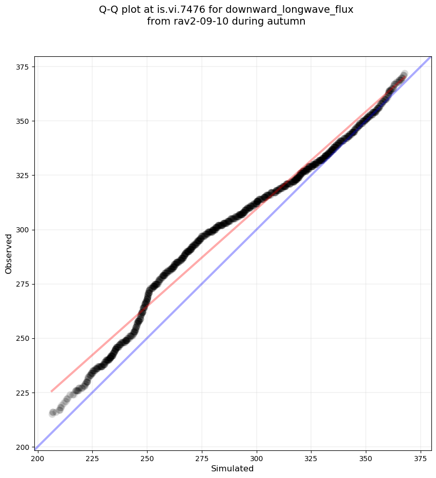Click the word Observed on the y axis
tap(9, 253)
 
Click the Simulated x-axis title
tap(233, 468)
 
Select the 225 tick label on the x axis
tap(92, 457)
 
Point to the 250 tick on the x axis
tap(147, 457)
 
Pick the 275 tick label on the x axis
tap(202, 457)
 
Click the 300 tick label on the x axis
tap(257, 457)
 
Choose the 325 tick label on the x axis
tap(312, 457)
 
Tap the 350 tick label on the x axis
tap(366, 457)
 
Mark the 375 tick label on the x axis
tap(421, 457)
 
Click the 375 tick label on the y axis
tap(24, 67)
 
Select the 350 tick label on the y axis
tap(24, 121)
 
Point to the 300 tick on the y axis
tap(24, 230)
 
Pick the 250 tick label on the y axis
tap(24, 338)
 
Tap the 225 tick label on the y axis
tap(24, 393)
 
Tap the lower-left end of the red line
tap(52, 392)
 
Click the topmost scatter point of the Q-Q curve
tap(404, 74)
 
